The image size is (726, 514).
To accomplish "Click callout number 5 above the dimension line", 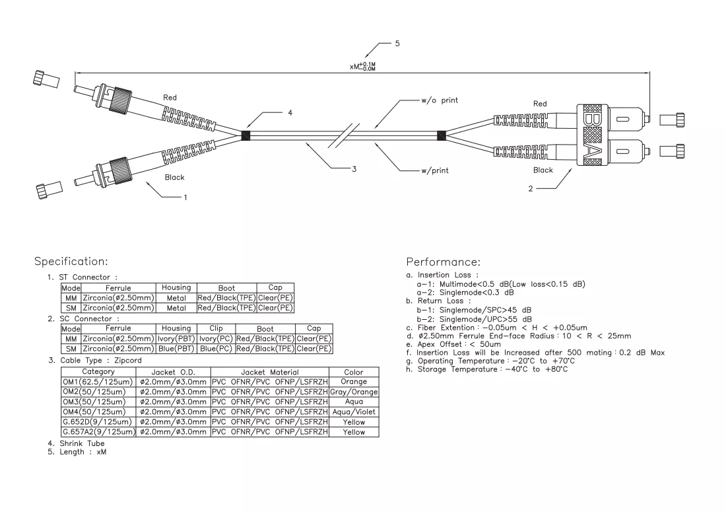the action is tap(397, 44).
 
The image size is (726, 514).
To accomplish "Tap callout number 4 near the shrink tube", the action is tap(290, 112).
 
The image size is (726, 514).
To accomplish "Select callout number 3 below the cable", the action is tap(354, 169).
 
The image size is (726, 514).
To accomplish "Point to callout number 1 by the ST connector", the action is tap(185, 198).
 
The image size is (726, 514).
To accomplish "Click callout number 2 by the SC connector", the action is tap(531, 189).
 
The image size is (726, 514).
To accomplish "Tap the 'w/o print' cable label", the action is tap(440, 100).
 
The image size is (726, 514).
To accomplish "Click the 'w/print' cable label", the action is tap(435, 170).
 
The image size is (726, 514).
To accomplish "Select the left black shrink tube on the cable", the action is tap(246, 136).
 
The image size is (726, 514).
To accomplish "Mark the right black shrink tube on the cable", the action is tap(442, 136).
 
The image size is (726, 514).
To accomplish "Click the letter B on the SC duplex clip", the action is tap(592, 120).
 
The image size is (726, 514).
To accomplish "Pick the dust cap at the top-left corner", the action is tap(46, 79).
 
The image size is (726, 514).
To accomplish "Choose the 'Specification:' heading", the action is tap(71, 262).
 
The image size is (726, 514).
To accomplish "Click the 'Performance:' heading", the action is tap(443, 262).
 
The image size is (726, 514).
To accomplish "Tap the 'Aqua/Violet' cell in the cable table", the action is tap(354, 412).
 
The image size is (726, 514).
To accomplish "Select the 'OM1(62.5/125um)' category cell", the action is tap(98, 382).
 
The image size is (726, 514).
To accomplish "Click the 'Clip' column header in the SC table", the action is tap(216, 328).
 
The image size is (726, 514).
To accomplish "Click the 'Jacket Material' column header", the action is tap(269, 372).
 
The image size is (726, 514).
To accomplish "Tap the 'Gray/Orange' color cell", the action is tap(354, 392).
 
